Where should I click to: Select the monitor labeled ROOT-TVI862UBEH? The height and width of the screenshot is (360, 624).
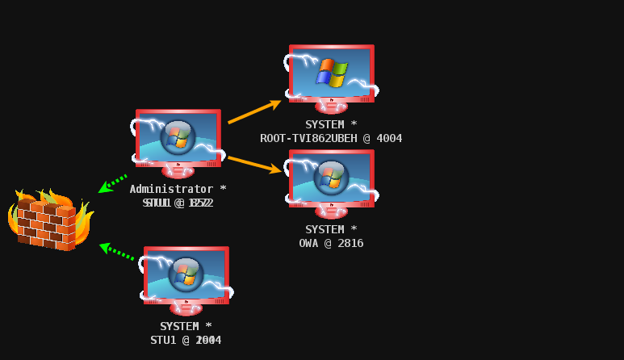pos(331,77)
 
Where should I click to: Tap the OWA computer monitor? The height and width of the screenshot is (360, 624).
pos(331,182)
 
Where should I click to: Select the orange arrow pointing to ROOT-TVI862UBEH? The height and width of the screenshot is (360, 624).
pos(254,112)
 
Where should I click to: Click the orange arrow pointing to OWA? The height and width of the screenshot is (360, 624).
pos(255,164)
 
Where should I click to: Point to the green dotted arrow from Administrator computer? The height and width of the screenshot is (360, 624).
pos(113,183)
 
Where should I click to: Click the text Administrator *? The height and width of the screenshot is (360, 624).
pos(178,189)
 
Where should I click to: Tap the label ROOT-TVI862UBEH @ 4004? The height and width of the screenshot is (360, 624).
pos(331,138)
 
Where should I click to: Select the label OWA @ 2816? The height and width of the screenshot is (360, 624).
pos(331,243)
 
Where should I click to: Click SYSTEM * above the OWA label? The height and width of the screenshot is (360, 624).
pos(331,229)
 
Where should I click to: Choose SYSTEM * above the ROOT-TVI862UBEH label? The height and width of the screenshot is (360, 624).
pos(331,124)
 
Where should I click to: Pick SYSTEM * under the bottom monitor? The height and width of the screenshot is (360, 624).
pos(186,326)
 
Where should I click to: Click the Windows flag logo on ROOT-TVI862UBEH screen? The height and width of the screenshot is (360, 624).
pos(331,72)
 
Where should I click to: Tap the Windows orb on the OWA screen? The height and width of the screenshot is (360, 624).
pos(331,177)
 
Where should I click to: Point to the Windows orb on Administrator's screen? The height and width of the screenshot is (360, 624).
pos(178,136)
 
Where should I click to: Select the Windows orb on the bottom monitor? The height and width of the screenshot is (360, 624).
pos(186,274)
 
